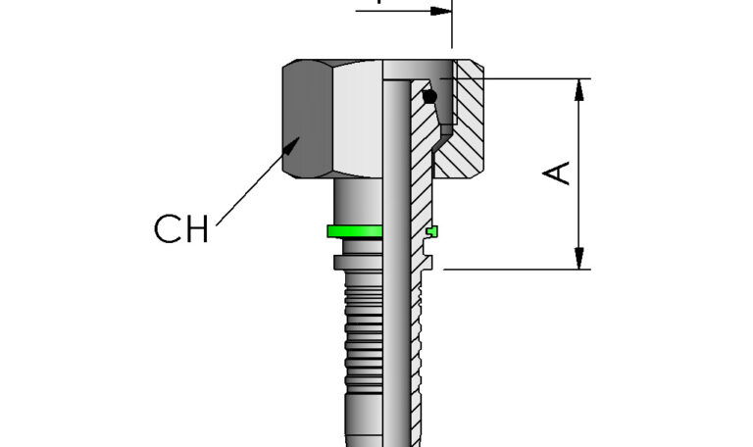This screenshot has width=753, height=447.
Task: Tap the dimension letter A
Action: (x=558, y=173)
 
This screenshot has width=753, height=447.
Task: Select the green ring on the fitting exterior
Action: (x=355, y=231)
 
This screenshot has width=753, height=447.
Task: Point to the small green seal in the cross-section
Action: (x=432, y=231)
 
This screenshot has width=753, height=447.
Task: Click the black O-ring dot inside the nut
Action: (x=429, y=96)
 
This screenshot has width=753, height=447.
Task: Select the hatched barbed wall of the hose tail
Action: (x=416, y=343)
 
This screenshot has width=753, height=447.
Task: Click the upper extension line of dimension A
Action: (x=529, y=78)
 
